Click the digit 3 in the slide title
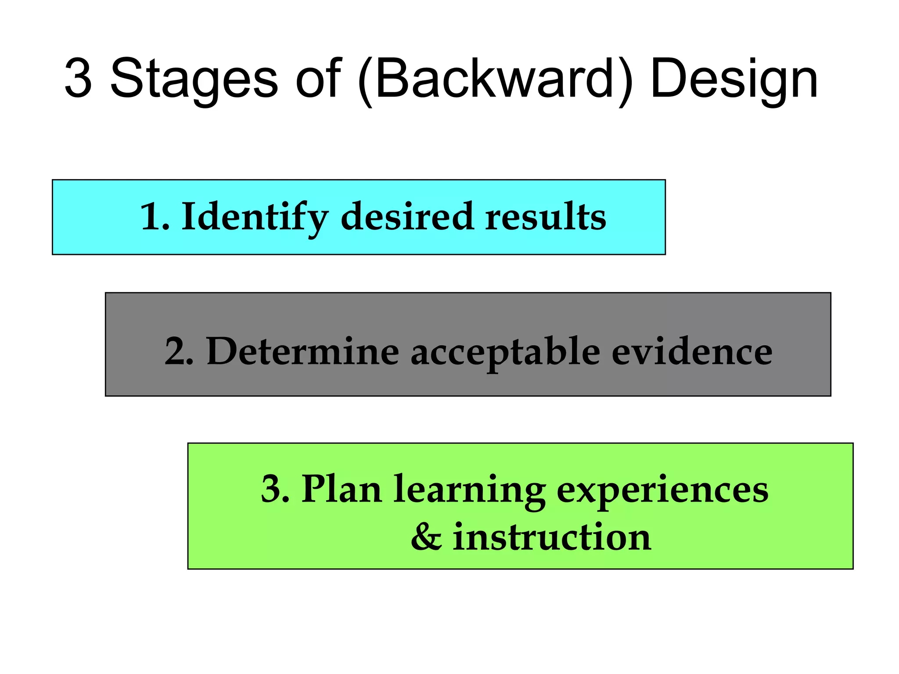[79, 79]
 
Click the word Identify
[255, 218]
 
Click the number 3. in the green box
[275, 489]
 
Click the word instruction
[552, 538]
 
